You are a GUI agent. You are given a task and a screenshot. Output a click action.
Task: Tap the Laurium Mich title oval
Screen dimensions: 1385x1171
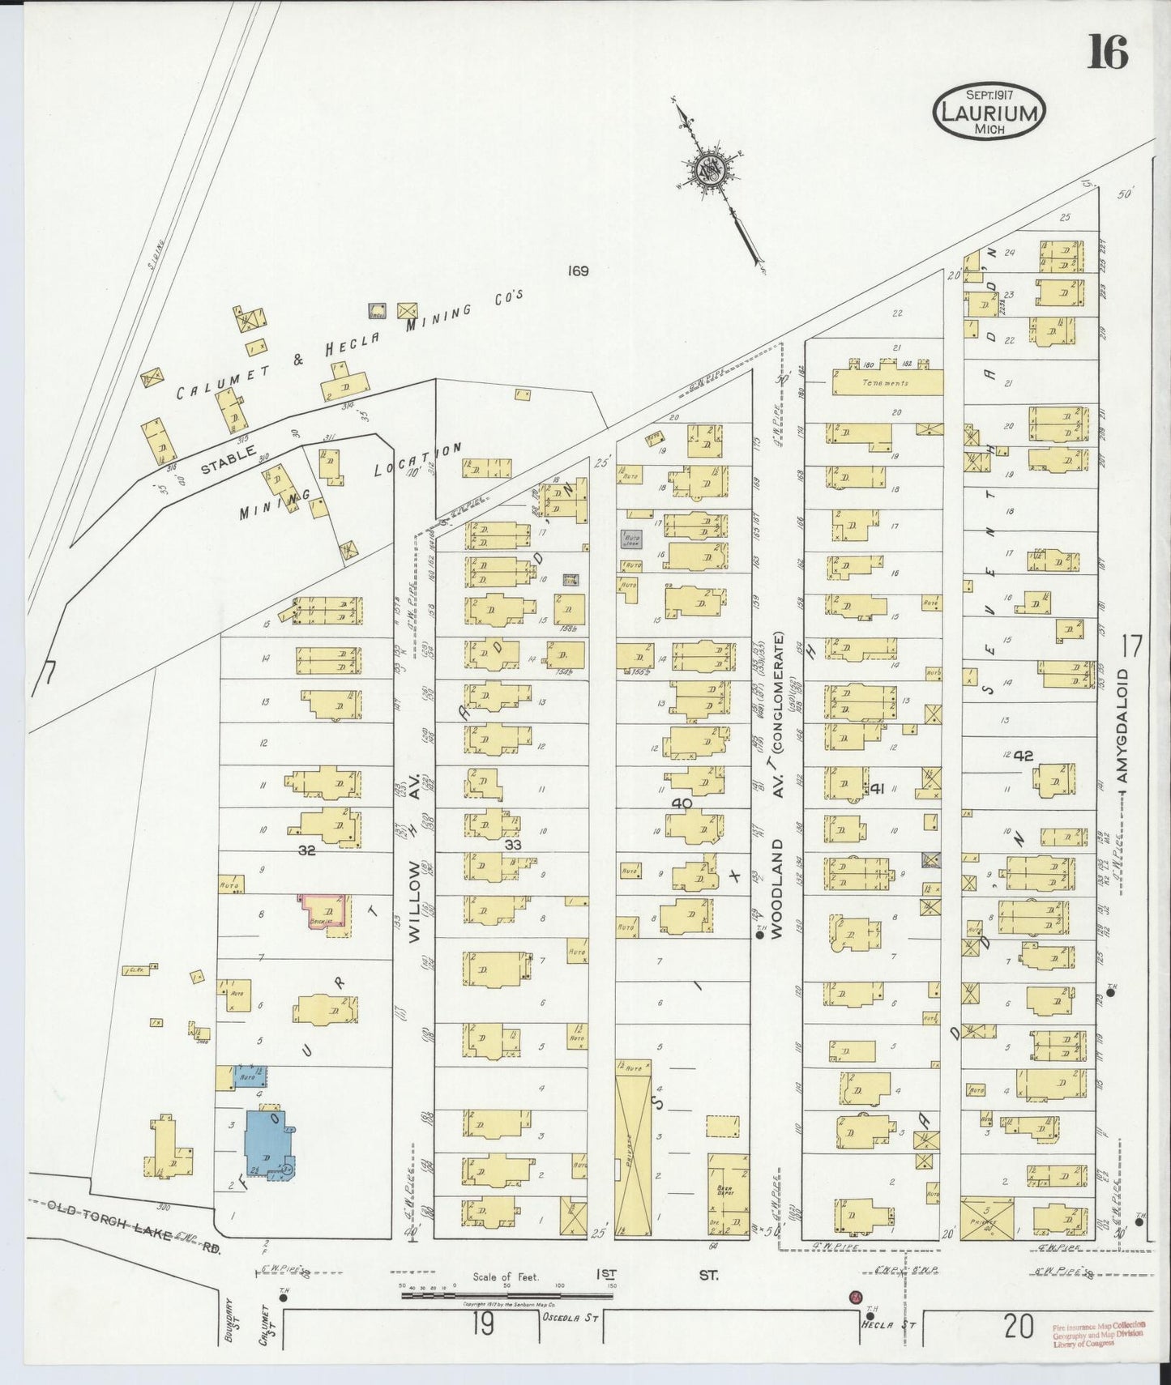tap(989, 111)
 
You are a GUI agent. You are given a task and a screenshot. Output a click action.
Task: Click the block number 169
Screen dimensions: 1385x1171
tap(577, 271)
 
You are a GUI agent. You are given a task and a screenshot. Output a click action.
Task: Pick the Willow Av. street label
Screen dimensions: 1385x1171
tap(414, 859)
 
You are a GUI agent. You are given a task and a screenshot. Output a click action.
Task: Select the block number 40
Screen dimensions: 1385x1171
tap(682, 803)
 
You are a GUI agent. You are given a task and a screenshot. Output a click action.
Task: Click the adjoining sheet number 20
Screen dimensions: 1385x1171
tap(1019, 1326)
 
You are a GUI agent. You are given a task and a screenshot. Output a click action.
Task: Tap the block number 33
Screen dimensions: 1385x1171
tap(513, 844)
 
